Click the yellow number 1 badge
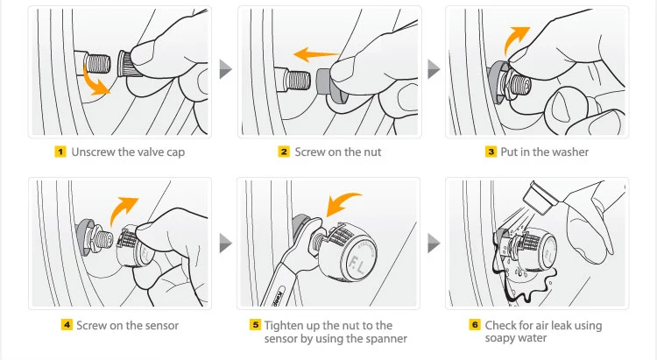coord(60,152)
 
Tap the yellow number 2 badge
coord(284,152)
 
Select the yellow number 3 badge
coord(491,152)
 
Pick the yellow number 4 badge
coord(67,325)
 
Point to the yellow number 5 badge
coord(255,325)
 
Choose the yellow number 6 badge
coord(475,325)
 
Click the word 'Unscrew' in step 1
coord(94,152)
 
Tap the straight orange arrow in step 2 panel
coord(316,54)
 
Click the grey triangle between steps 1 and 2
coord(225,68)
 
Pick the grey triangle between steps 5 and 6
coord(434,244)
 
